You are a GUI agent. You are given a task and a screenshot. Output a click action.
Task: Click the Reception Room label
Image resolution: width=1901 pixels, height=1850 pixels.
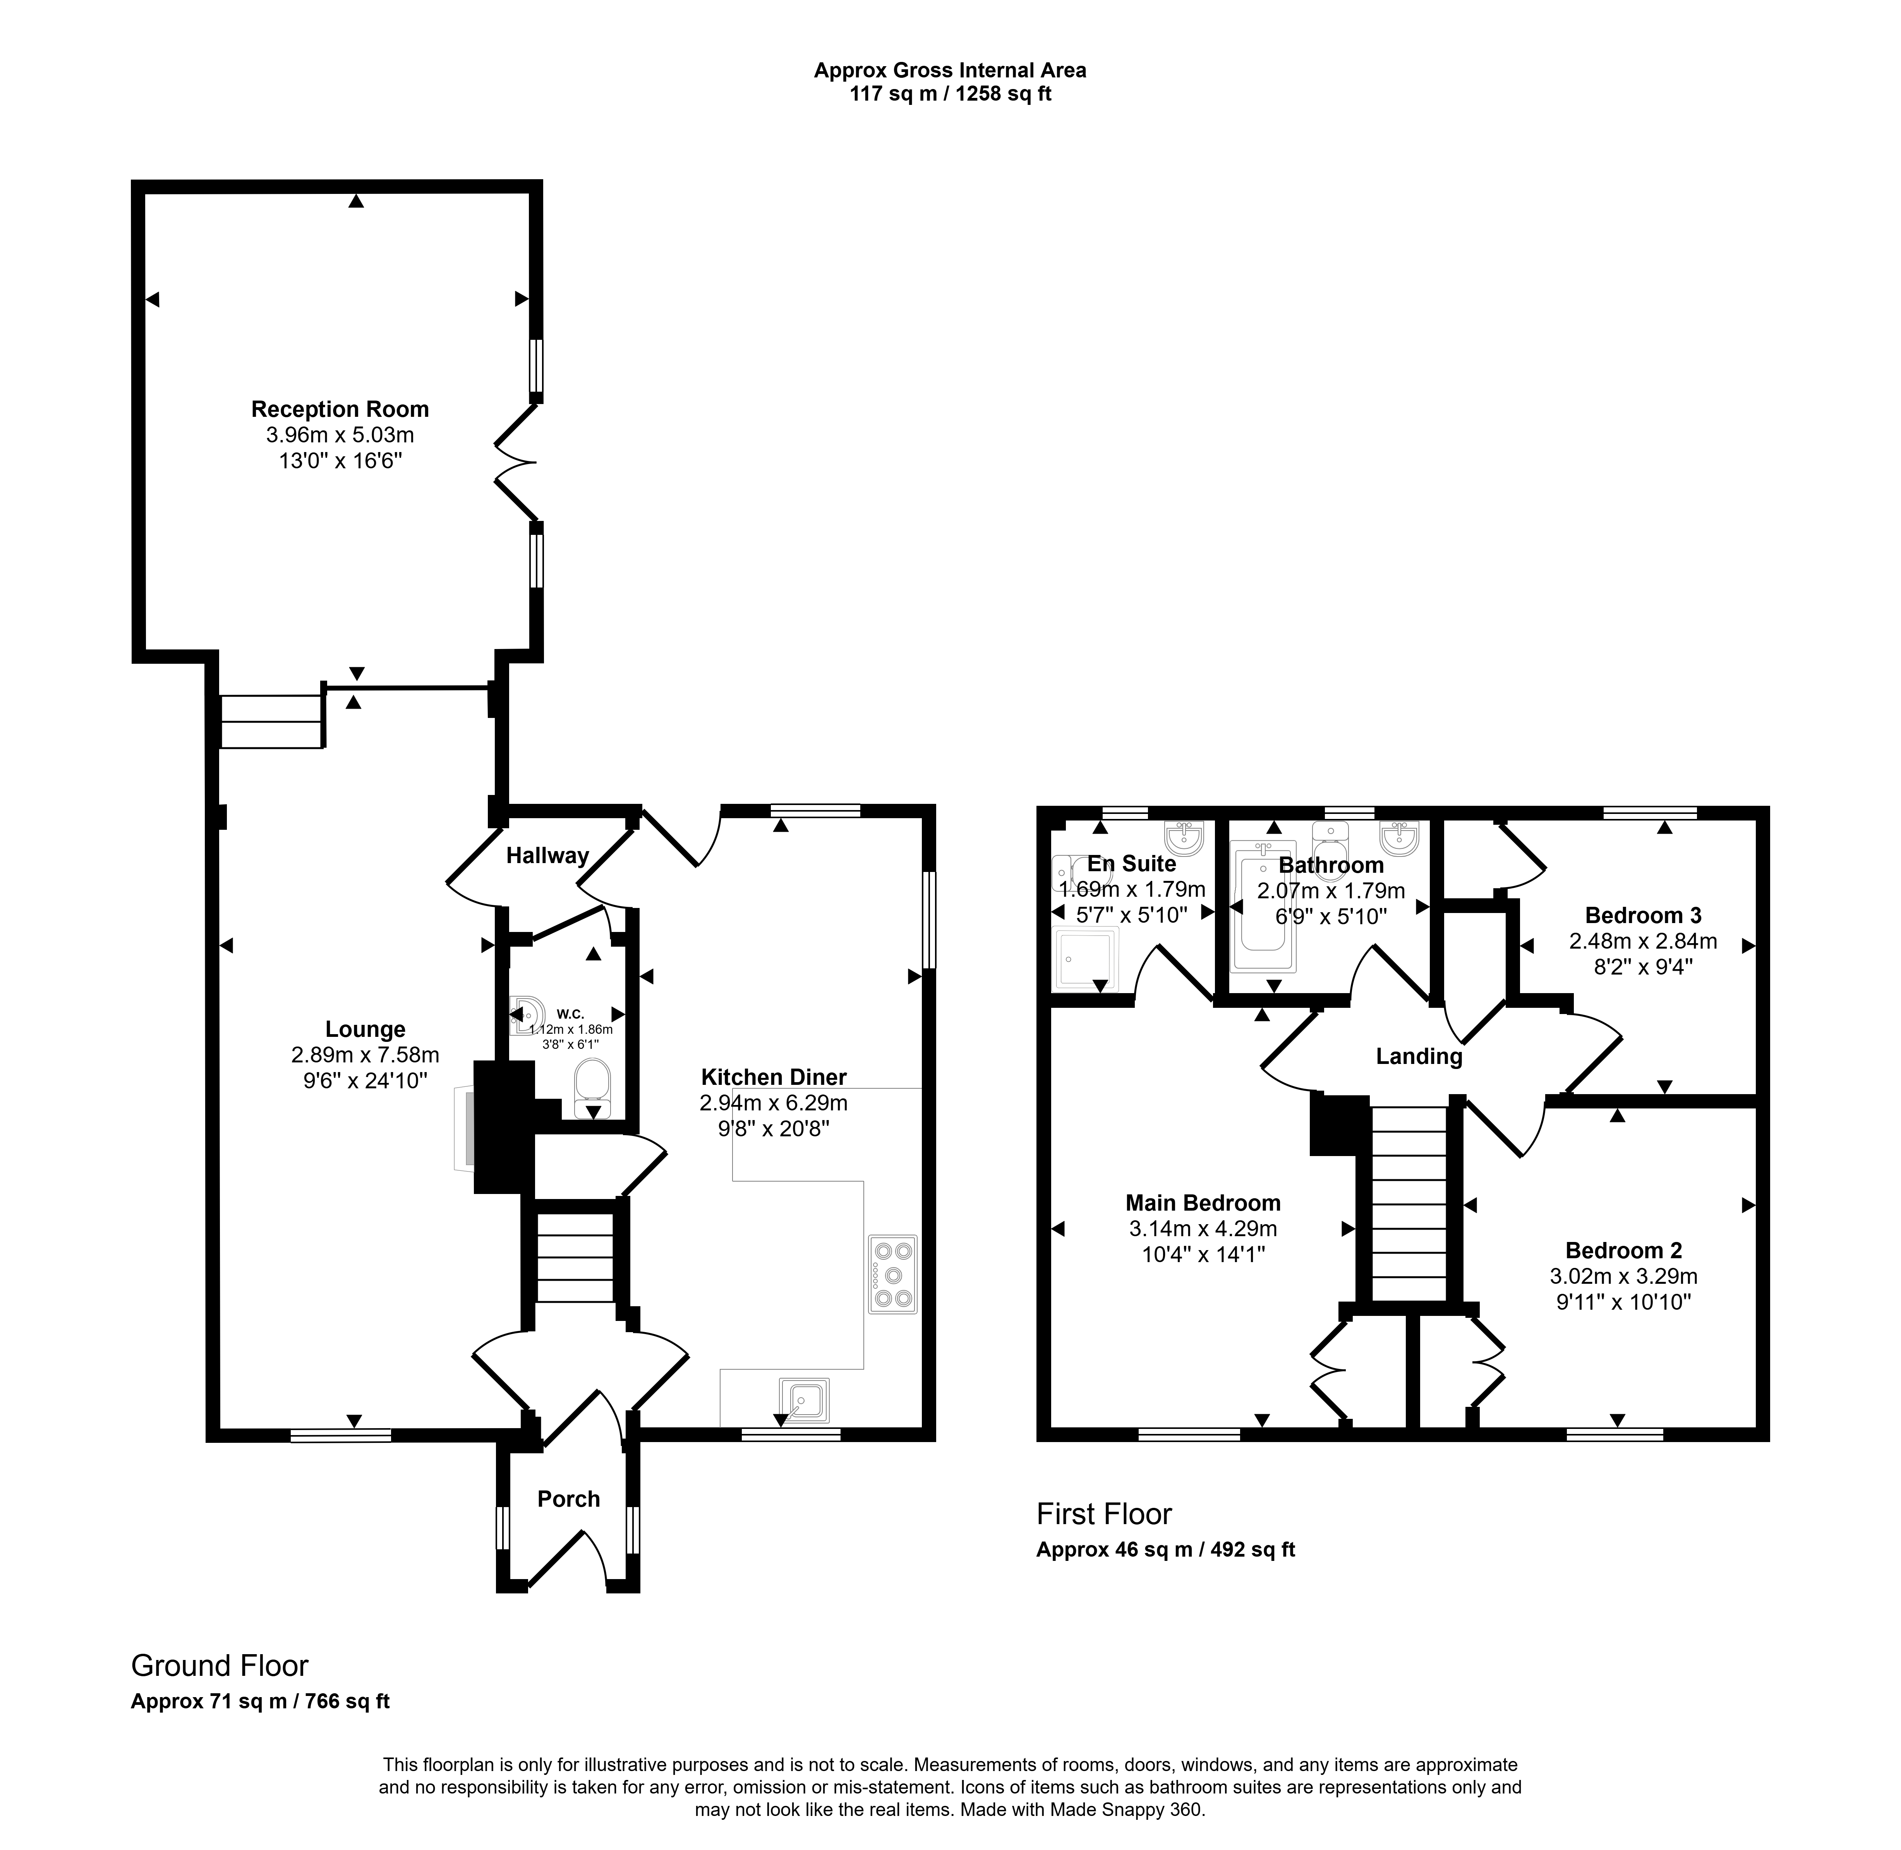tap(340, 409)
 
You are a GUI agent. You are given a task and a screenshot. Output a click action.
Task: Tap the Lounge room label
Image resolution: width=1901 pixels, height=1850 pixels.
tap(365, 1029)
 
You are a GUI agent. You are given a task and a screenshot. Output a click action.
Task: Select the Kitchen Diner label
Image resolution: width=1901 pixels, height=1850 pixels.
tap(774, 1077)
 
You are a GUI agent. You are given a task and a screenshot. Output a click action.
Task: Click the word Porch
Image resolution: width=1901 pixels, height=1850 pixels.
tap(568, 1498)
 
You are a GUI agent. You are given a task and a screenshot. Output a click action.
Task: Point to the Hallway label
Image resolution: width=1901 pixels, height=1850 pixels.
tap(547, 855)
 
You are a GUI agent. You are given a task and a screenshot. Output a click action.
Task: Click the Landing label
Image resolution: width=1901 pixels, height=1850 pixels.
tap(1419, 1056)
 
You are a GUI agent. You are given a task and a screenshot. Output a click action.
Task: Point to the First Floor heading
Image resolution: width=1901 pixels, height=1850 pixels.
tap(1104, 1514)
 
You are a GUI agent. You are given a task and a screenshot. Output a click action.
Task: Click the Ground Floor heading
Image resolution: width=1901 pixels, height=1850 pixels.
tap(220, 1665)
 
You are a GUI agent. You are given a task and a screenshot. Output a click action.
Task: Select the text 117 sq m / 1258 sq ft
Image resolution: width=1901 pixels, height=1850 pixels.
tap(950, 94)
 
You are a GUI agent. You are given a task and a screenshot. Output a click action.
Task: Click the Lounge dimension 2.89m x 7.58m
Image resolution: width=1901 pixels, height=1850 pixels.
tap(365, 1054)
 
